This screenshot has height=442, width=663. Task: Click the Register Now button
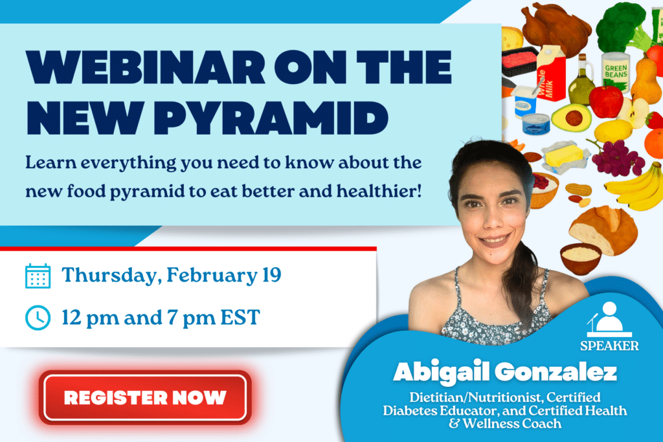point(144,397)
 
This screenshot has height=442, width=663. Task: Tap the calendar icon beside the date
point(38,275)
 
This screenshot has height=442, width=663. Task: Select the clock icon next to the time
point(38,317)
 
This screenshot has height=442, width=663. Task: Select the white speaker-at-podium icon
point(607,318)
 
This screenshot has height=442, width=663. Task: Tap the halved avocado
point(571,117)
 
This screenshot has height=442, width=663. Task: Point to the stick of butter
point(564,156)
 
